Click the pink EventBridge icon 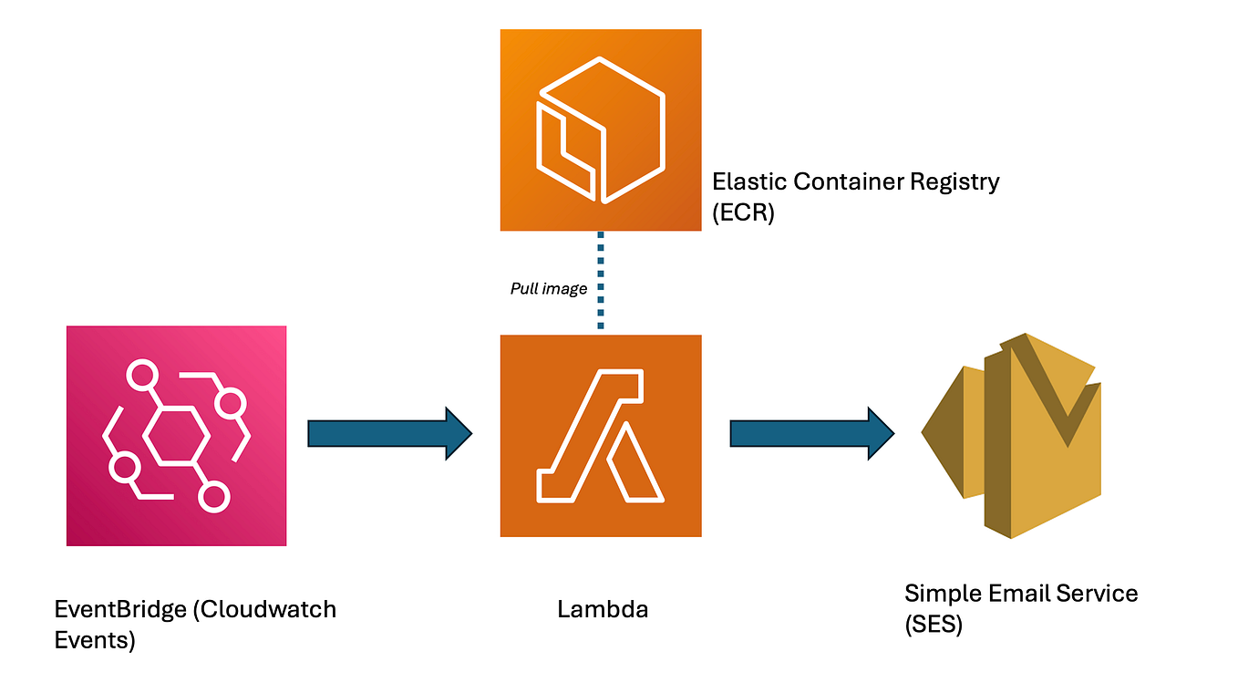[x=176, y=436]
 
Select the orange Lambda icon [x=601, y=436]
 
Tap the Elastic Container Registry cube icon [x=601, y=129]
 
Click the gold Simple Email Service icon [x=1012, y=436]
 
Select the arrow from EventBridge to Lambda [x=389, y=434]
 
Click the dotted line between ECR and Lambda [x=601, y=282]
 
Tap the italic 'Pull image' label [x=548, y=289]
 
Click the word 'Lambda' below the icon [x=603, y=609]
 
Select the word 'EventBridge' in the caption [x=119, y=609]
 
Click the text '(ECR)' [x=743, y=214]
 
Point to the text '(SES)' [x=934, y=626]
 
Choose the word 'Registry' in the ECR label [x=955, y=181]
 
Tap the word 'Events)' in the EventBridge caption [x=95, y=640]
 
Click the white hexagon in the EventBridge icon [x=177, y=436]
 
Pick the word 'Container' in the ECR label [x=848, y=181]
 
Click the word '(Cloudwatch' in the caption [x=264, y=609]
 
